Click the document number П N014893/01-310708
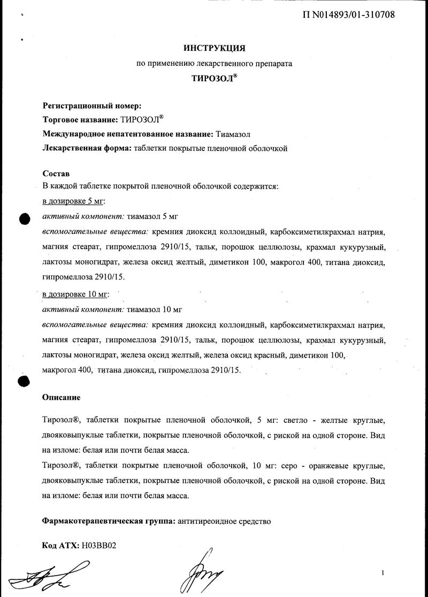(x=349, y=14)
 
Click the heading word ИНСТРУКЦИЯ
(x=214, y=48)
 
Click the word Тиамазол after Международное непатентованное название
(x=233, y=134)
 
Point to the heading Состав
(x=56, y=174)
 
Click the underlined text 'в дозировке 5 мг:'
(x=74, y=201)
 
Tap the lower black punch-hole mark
(x=24, y=381)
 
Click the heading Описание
(x=61, y=398)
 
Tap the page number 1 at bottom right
(x=383, y=573)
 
